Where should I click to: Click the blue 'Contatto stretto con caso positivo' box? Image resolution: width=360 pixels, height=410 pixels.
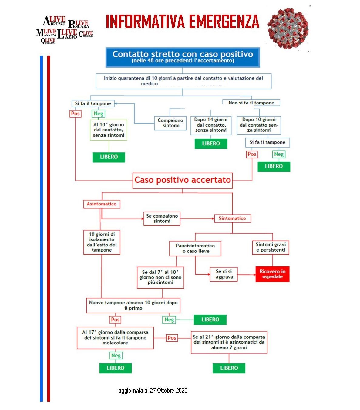[183, 57]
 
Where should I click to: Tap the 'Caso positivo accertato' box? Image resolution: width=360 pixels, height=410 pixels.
[183, 180]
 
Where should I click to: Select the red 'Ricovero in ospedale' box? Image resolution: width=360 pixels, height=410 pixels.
[272, 274]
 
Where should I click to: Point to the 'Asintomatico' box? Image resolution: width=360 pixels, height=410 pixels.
[102, 204]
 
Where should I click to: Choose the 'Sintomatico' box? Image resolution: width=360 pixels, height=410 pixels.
[232, 218]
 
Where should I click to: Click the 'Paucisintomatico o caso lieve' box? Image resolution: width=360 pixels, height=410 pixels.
[195, 248]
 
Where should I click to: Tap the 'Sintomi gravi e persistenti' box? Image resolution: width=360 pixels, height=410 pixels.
[271, 247]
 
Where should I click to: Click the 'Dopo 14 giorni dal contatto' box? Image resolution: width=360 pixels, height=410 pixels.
[211, 125]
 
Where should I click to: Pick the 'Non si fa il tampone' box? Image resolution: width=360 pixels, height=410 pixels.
[251, 103]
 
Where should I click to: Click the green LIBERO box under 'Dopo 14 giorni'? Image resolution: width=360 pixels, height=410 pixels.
[211, 144]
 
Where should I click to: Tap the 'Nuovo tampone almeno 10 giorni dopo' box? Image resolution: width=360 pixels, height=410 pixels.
[133, 305]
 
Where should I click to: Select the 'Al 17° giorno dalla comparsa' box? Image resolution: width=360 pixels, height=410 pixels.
[115, 338]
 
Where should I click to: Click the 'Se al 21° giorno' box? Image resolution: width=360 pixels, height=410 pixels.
[229, 342]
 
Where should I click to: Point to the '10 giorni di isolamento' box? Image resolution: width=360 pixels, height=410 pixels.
[102, 242]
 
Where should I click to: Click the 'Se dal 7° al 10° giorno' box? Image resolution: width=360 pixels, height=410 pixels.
[160, 277]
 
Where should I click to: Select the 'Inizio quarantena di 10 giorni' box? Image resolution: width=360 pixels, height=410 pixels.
[183, 81]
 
